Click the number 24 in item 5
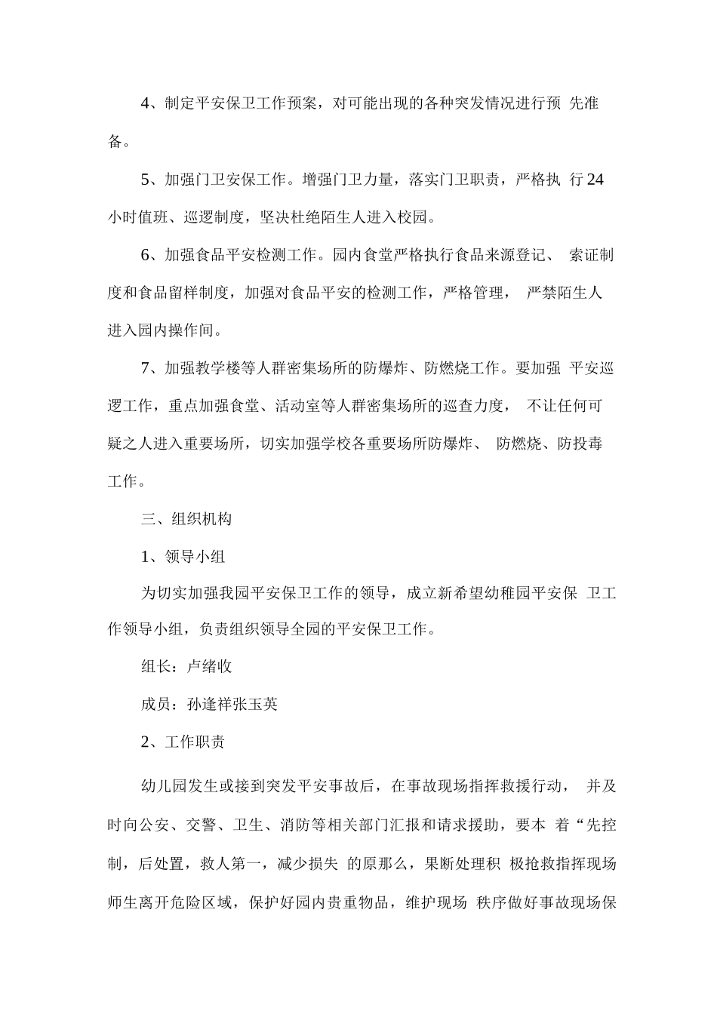pyautogui.click(x=595, y=180)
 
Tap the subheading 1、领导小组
pyautogui.click(x=183, y=557)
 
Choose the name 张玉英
pyautogui.click(x=255, y=704)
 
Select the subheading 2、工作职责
pyautogui.click(x=183, y=742)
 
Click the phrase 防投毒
pyautogui.click(x=580, y=444)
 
